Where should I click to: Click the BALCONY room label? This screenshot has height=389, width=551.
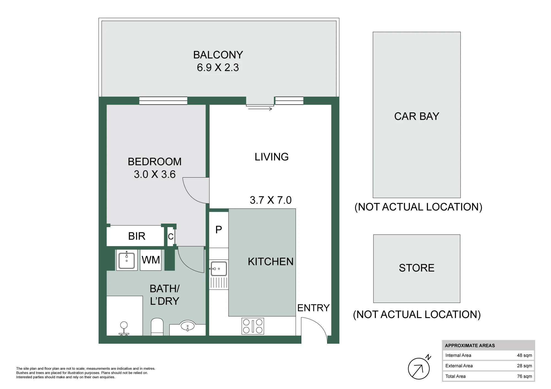coord(218,55)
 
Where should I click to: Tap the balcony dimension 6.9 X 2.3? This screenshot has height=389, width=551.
coord(218,67)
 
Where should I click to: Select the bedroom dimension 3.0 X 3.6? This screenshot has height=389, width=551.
coord(155,174)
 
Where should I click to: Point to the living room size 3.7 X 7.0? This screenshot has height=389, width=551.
coord(271,200)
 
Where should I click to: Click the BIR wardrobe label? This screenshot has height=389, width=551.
coord(137,236)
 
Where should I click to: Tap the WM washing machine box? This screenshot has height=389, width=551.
coord(151,260)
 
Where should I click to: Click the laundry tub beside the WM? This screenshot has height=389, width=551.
coord(127,260)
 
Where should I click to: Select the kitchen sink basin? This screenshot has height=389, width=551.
coord(219,269)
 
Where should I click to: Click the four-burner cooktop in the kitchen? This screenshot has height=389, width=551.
coord(253,326)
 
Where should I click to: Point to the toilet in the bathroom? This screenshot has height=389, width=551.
coord(157,327)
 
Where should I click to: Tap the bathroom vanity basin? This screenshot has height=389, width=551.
coord(187,326)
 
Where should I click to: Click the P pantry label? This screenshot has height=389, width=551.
coord(219,230)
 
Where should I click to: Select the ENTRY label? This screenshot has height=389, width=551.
coord(313,308)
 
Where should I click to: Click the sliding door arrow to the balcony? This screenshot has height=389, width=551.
coord(260,109)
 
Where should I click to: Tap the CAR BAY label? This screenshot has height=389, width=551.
coord(417,116)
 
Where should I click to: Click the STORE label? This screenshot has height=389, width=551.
coord(417,268)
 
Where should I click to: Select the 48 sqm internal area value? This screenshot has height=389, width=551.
coord(524,355)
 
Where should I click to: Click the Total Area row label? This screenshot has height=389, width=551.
coord(455,376)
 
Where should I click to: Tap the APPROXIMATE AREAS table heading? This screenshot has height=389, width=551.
coord(470,346)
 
